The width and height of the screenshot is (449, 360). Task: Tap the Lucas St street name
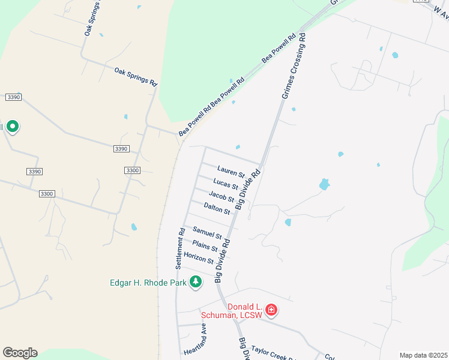(226, 183)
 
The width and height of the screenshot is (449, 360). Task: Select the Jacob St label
(221, 196)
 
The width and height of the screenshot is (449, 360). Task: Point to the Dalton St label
(217, 208)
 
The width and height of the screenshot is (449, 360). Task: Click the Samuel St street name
(207, 232)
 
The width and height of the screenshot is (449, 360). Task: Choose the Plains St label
(205, 246)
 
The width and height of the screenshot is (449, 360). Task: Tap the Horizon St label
(199, 258)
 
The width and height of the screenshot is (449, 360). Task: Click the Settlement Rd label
(179, 248)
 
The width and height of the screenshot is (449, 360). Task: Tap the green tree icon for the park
(195, 281)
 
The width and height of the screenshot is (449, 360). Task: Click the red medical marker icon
(271, 310)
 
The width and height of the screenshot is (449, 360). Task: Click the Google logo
(20, 353)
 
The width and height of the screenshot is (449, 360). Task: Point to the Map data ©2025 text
(424, 355)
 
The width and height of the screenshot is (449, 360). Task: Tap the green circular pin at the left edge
(12, 127)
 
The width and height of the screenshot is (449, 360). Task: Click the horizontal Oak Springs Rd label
(136, 76)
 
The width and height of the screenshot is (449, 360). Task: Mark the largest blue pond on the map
(324, 184)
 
